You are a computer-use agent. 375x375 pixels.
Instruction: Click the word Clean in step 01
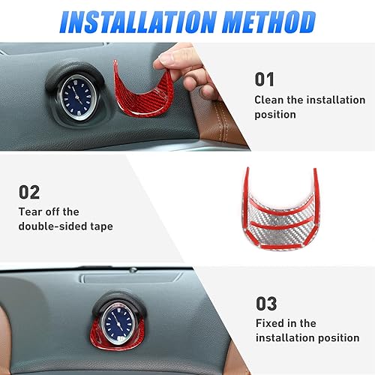(270, 100)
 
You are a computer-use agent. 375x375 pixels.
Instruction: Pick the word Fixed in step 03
(270, 323)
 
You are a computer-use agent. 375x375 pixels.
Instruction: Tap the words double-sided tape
(66, 226)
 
